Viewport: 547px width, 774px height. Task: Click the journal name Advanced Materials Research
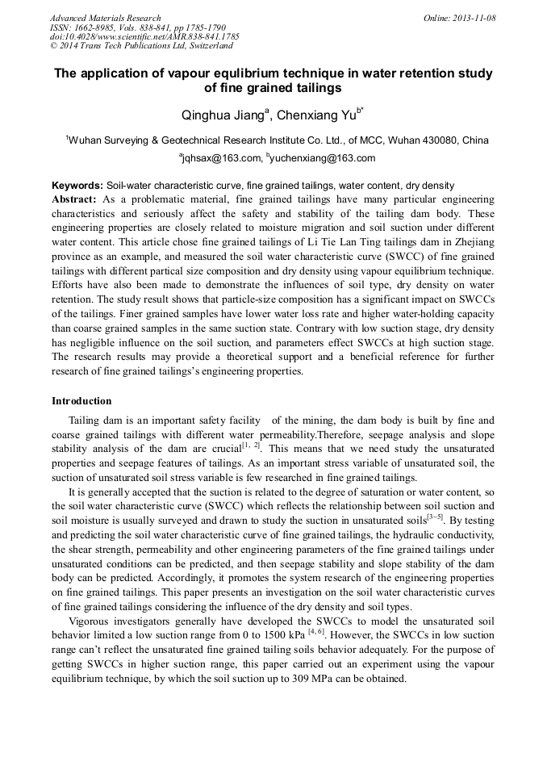coord(105,18)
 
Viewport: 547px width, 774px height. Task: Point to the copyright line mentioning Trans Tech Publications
coord(141,46)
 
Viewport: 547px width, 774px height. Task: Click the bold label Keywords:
coord(77,186)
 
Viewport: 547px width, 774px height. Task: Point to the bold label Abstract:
coord(74,199)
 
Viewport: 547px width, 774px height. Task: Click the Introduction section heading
coord(81,401)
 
